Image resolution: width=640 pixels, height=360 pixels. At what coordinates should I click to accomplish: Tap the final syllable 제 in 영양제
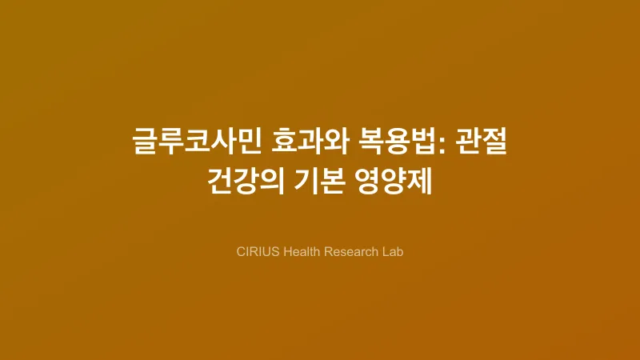pyautogui.click(x=420, y=179)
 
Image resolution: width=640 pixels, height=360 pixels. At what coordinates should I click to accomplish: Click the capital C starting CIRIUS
pyautogui.click(x=241, y=251)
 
